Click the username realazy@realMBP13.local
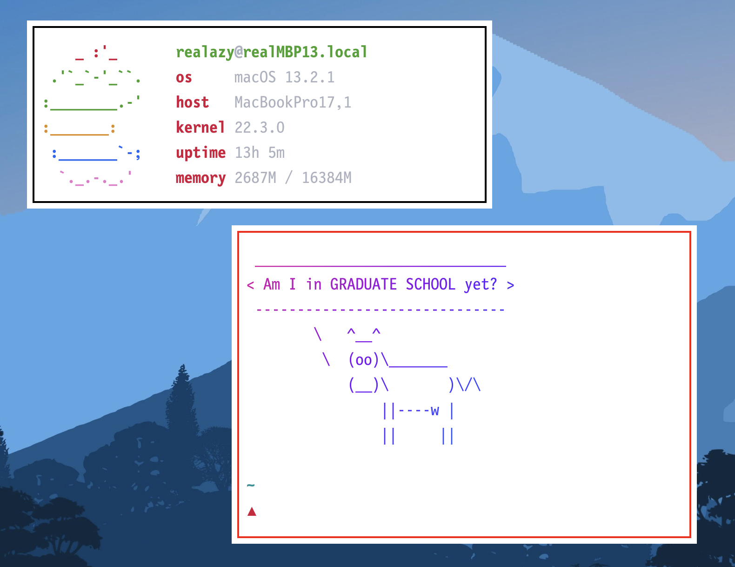272,52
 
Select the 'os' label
184,77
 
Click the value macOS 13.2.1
284,77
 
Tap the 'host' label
192,102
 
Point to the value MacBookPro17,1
293,102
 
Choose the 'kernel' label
200,128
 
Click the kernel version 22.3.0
259,128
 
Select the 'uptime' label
200,153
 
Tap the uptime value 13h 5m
259,153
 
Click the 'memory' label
200,178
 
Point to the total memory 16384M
327,178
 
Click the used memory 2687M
255,178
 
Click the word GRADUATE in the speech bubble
363,284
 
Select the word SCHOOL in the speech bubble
430,284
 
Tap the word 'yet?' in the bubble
481,284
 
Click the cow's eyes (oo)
363,360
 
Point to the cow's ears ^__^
363,333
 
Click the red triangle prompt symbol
252,512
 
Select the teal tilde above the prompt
251,486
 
